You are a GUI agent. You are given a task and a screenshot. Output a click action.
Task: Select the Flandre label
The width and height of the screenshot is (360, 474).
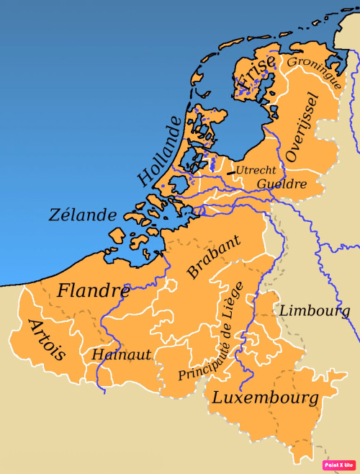[x=93, y=292]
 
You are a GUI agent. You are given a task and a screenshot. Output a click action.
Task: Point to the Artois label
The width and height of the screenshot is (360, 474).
[x=47, y=339]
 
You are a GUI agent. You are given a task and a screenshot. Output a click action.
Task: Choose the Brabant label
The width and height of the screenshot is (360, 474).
[x=213, y=257]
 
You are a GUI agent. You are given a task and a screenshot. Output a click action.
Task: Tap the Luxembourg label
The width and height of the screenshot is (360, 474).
[x=264, y=398]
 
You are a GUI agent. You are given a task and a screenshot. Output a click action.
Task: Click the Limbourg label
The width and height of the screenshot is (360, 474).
[x=314, y=311]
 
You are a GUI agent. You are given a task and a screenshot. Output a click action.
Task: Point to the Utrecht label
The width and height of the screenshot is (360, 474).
[x=256, y=170]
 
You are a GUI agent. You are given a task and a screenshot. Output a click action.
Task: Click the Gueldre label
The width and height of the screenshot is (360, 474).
[x=282, y=184]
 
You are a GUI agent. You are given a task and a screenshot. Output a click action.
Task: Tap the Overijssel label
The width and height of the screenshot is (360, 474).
[x=301, y=127]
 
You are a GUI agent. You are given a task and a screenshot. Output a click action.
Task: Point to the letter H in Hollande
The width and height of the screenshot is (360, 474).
[x=145, y=176]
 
